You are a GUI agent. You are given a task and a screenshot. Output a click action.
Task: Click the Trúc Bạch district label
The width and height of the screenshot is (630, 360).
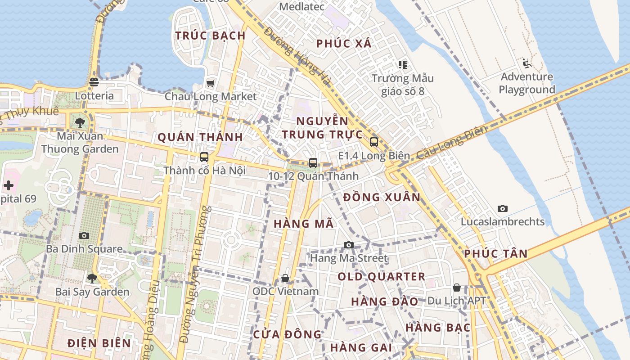pyautogui.click(x=210, y=36)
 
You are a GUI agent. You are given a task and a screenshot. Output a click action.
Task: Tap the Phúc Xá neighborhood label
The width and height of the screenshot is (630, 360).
pyautogui.click(x=344, y=44)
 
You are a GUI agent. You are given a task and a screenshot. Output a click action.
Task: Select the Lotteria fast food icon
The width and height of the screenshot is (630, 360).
pyautogui.click(x=94, y=82)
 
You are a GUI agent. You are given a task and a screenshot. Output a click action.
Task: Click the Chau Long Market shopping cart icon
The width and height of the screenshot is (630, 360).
pyautogui.click(x=210, y=83)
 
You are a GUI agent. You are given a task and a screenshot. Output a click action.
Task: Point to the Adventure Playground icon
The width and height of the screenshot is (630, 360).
pyautogui.click(x=527, y=63)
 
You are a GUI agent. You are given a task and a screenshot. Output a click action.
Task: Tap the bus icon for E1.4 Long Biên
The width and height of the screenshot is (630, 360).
pyautogui.click(x=374, y=142)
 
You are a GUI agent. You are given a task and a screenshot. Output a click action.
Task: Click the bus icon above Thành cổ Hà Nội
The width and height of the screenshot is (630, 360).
pyautogui.click(x=204, y=157)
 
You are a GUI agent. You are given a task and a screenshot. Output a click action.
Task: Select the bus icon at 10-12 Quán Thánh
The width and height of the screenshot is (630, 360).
pyautogui.click(x=313, y=163)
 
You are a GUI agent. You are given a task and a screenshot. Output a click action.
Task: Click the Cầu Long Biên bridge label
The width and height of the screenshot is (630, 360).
pyautogui.click(x=451, y=143)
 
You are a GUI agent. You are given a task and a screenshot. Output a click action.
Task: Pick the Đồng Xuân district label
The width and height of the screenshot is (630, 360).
pyautogui.click(x=382, y=197)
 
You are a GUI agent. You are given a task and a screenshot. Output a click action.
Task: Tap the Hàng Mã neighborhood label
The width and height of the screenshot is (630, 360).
pyautogui.click(x=304, y=224)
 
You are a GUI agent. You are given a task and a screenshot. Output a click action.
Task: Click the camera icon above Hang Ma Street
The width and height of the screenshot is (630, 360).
pyautogui.click(x=349, y=245)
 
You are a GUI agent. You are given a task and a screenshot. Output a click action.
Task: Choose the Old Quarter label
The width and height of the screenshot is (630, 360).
pyautogui.click(x=381, y=276)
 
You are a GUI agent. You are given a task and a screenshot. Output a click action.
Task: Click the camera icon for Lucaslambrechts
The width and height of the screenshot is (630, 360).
pyautogui.click(x=503, y=208)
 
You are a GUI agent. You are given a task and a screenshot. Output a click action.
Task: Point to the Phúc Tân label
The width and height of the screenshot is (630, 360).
pyautogui.click(x=495, y=254)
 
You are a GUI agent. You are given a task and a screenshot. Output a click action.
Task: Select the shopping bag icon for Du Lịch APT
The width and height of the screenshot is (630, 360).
pyautogui.click(x=457, y=288)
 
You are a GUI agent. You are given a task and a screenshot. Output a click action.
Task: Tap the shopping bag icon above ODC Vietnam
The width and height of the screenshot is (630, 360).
pyautogui.click(x=285, y=278)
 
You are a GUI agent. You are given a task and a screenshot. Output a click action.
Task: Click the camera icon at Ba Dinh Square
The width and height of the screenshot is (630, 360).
pyautogui.click(x=84, y=235)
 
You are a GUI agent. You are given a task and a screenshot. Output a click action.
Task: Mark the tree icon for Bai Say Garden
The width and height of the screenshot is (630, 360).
pyautogui.click(x=92, y=278)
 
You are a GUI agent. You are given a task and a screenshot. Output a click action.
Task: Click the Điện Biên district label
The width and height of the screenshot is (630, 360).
pyautogui.click(x=99, y=343)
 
